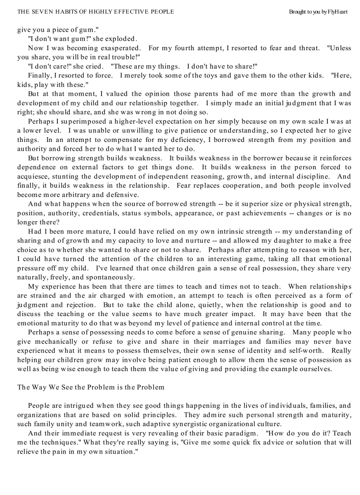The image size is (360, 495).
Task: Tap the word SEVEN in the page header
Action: [43, 12]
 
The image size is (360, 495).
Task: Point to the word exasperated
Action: [119, 48]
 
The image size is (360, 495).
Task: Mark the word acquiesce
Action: [34, 176]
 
